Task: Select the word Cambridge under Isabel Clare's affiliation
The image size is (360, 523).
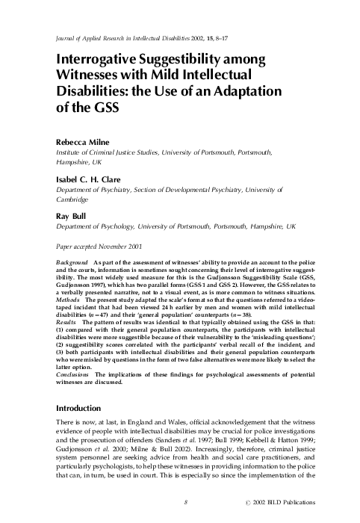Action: coord(74,199)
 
